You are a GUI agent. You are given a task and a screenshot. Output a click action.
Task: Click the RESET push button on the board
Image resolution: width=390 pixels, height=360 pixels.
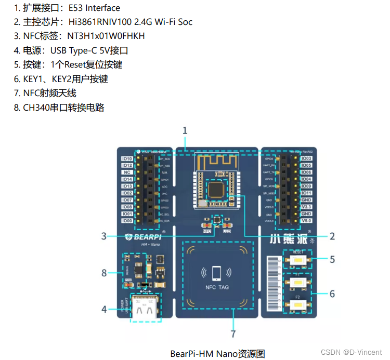tap(298, 259)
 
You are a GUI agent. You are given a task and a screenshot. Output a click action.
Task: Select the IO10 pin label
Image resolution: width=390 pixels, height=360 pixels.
tap(127, 158)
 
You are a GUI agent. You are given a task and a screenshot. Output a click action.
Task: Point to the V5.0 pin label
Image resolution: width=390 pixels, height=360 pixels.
tap(306, 221)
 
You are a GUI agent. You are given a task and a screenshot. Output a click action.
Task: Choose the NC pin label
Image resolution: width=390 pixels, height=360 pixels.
tap(127, 172)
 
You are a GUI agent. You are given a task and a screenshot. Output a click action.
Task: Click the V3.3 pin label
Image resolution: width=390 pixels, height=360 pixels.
tap(306, 207)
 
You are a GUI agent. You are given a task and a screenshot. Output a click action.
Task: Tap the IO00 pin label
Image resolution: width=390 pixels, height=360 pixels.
tap(127, 221)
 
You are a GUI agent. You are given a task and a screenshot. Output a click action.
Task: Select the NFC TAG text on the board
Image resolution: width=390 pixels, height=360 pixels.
tap(216, 287)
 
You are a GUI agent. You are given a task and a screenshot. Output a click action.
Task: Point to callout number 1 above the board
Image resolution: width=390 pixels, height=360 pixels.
tap(185, 130)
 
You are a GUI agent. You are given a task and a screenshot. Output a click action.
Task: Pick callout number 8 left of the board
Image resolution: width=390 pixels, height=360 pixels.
tap(104, 272)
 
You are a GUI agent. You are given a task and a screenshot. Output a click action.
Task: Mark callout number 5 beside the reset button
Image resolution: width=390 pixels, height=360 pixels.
tap(332, 259)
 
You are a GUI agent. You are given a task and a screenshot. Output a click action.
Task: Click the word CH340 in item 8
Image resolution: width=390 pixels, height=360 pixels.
tap(34, 108)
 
